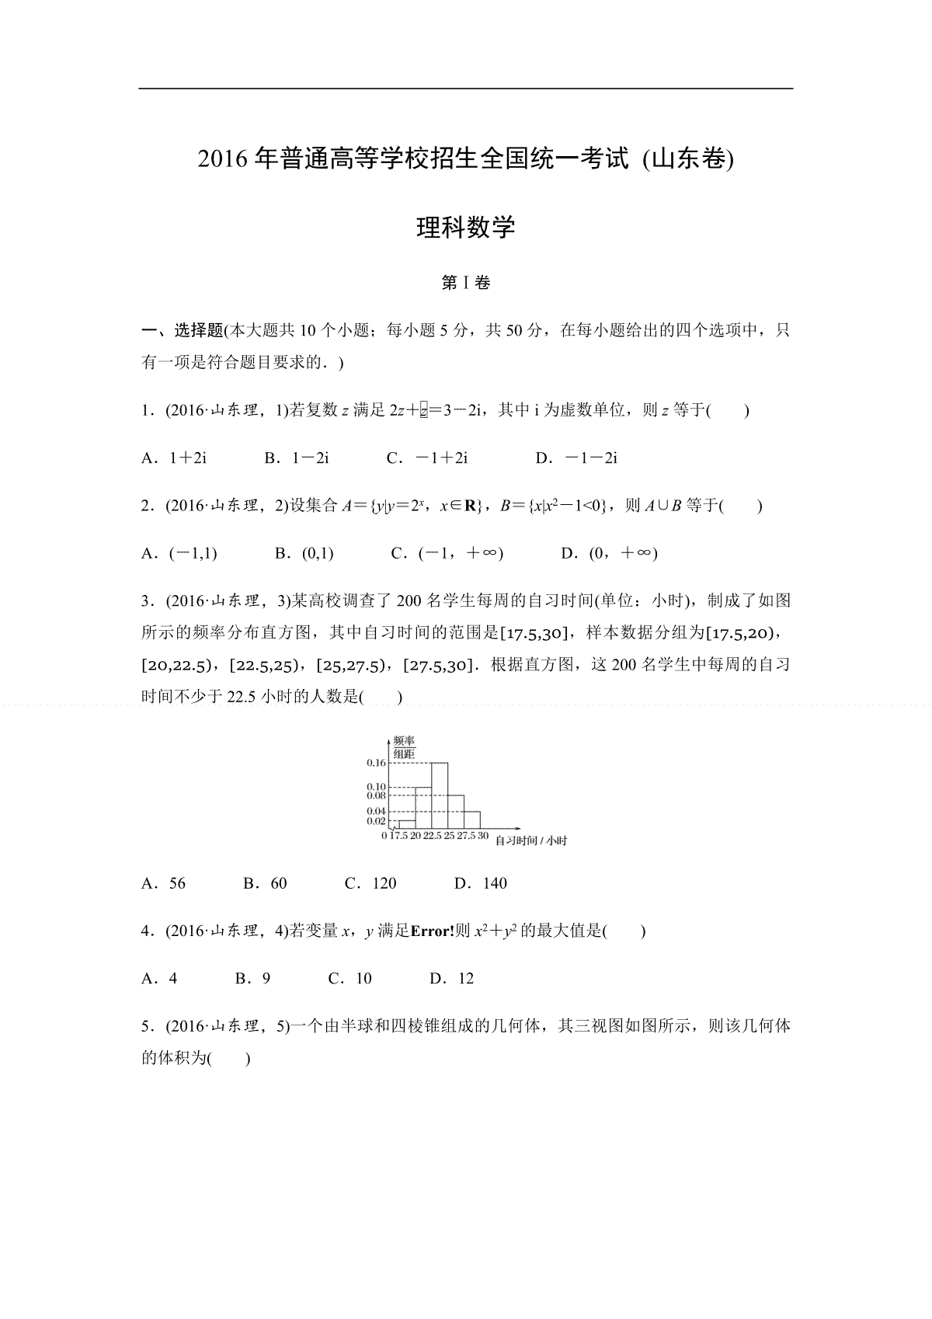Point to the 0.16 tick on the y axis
[x=376, y=763]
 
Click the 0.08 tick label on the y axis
[x=376, y=796]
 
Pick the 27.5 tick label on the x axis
[x=465, y=836]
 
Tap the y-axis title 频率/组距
[x=403, y=747]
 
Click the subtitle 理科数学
[x=466, y=228]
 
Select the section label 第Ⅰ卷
[x=466, y=284]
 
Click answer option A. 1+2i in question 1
[x=174, y=458]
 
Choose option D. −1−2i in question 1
[x=576, y=458]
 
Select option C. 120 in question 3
[x=370, y=883]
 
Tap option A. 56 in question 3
[x=164, y=883]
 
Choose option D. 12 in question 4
[x=452, y=979]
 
